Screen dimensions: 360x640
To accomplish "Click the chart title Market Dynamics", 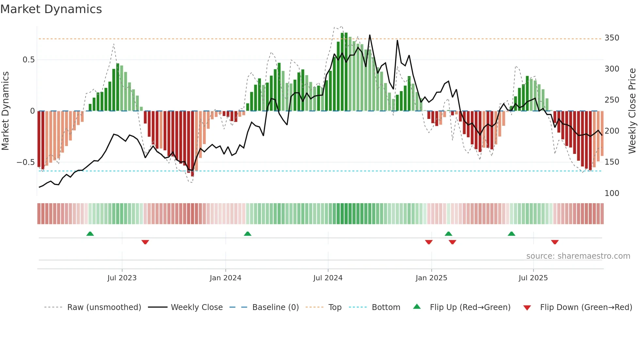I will click(x=51, y=9).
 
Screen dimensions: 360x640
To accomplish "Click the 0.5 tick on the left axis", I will click(x=28, y=60).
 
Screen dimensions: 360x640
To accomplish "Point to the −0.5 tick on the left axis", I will click(x=26, y=162).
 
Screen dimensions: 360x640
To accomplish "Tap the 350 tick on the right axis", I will click(x=612, y=38).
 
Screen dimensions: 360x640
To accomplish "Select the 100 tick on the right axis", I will click(x=612, y=193).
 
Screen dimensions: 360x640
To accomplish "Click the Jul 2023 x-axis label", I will click(x=122, y=278).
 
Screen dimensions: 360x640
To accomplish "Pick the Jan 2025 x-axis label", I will click(x=431, y=278).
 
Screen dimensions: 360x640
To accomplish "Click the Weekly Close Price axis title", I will click(x=632, y=111).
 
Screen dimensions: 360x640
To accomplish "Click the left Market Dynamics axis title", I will click(x=5, y=111).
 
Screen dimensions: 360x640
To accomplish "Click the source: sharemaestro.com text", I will click(x=578, y=256).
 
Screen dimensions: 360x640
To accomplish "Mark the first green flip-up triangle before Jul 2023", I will click(x=90, y=234).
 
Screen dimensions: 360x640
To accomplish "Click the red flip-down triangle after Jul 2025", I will click(x=555, y=242).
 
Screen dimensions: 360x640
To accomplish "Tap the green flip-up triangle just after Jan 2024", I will click(x=248, y=234).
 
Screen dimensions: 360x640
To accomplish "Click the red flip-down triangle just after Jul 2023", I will click(x=145, y=242).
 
